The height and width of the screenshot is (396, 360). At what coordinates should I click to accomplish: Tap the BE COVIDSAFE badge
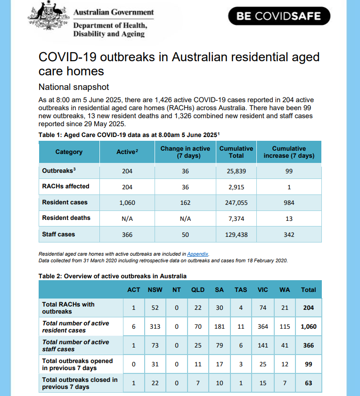click(278, 16)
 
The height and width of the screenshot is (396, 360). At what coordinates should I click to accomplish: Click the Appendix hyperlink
click(198, 254)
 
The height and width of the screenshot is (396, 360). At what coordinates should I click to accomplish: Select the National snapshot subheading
click(74, 87)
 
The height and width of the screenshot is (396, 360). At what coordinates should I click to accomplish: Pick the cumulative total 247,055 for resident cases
click(236, 202)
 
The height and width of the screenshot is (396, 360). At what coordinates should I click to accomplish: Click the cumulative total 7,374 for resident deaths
click(236, 218)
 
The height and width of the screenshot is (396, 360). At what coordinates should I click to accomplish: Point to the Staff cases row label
click(58, 234)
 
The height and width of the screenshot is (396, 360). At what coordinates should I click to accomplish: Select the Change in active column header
click(185, 152)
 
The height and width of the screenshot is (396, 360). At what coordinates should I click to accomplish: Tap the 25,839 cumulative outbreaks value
click(236, 171)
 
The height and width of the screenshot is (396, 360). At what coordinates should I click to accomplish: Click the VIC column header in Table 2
click(263, 290)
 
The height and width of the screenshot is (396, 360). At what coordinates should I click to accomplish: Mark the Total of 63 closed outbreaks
click(309, 383)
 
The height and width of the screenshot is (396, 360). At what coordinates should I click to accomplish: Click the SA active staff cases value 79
click(220, 346)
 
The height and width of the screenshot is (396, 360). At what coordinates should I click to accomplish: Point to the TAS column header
click(241, 290)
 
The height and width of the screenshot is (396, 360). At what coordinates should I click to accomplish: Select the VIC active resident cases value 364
click(263, 327)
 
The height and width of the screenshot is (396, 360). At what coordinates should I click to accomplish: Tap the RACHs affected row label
click(65, 186)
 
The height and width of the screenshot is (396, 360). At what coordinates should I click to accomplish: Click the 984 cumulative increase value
click(289, 202)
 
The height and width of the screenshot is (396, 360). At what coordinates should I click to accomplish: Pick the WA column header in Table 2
click(285, 290)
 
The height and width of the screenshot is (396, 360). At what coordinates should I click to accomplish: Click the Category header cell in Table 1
click(69, 152)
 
